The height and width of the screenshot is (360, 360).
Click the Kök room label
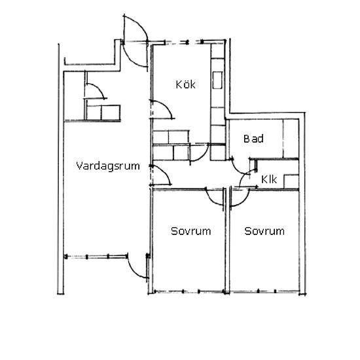pos(185,84)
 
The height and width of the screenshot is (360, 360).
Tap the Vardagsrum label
pos(108,166)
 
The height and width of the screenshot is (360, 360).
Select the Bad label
pos(253,139)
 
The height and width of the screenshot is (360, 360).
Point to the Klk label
pos(269,179)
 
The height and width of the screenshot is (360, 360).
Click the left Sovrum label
pos(190,231)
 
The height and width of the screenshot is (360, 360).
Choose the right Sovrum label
pos(264,231)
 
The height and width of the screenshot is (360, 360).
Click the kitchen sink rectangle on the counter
pos(217,80)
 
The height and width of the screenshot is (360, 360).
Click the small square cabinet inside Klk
pos(291,181)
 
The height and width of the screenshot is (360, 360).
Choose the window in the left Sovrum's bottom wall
pos(189,292)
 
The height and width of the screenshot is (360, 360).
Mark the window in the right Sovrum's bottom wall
pos(264,292)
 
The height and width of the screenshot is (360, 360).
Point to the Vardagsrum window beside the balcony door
pos(96,257)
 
